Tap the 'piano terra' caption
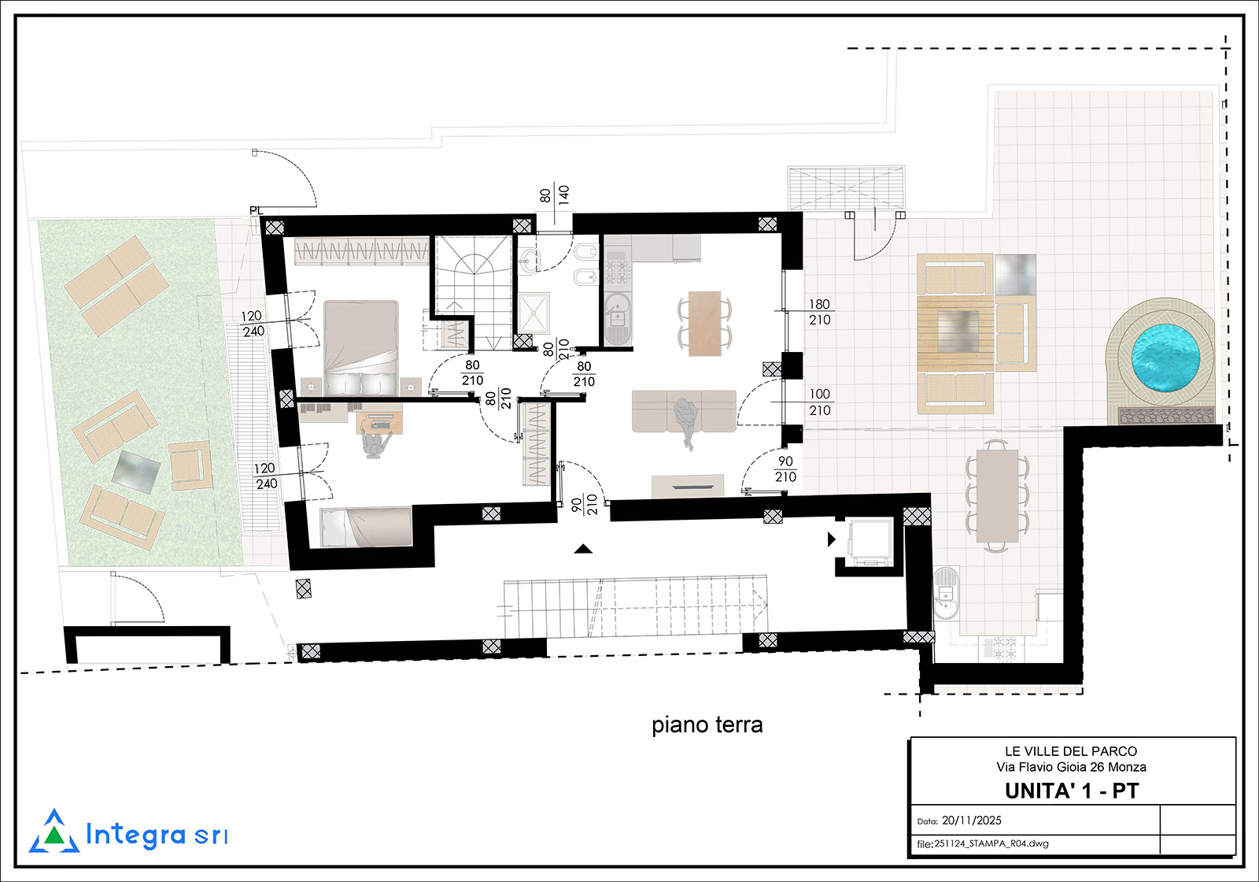point(707,725)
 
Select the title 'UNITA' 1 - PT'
point(1071,791)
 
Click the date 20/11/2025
point(971,821)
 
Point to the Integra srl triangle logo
point(54,832)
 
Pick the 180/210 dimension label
point(819,312)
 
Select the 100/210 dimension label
point(819,402)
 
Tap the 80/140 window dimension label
point(554,195)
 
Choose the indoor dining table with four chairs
point(705,324)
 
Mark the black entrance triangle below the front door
point(583,548)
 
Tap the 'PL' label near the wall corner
point(256,210)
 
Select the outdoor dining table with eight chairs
point(997,495)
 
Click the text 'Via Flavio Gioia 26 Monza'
point(1071,767)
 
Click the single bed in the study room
point(366,527)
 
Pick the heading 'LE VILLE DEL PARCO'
point(1071,751)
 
